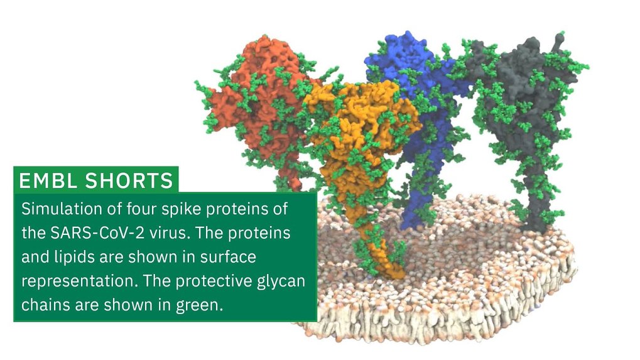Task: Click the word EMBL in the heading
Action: tap(48, 180)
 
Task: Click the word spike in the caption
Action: tap(182, 209)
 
